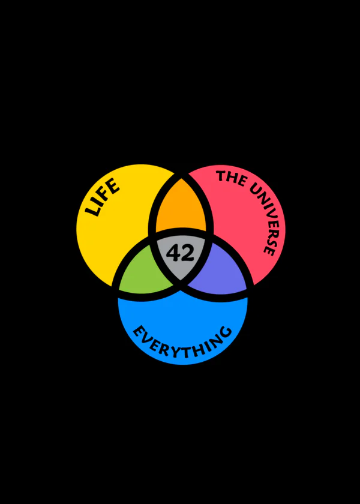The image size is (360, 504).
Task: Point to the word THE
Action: pos(230,179)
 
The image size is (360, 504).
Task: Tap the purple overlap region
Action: pos(218,272)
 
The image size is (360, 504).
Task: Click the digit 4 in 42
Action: pos(173,253)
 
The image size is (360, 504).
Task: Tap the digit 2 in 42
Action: pos(188,253)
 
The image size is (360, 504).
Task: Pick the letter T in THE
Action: pos(221,175)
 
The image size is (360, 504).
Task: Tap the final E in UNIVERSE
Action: pos(269,251)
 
